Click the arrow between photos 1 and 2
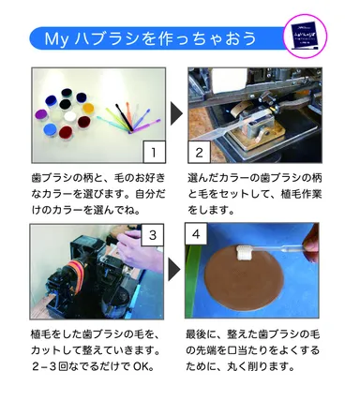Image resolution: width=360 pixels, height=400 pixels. tap(175, 114)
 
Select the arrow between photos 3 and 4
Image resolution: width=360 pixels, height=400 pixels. tap(175, 267)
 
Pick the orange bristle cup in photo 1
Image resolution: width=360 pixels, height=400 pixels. tap(87, 108)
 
